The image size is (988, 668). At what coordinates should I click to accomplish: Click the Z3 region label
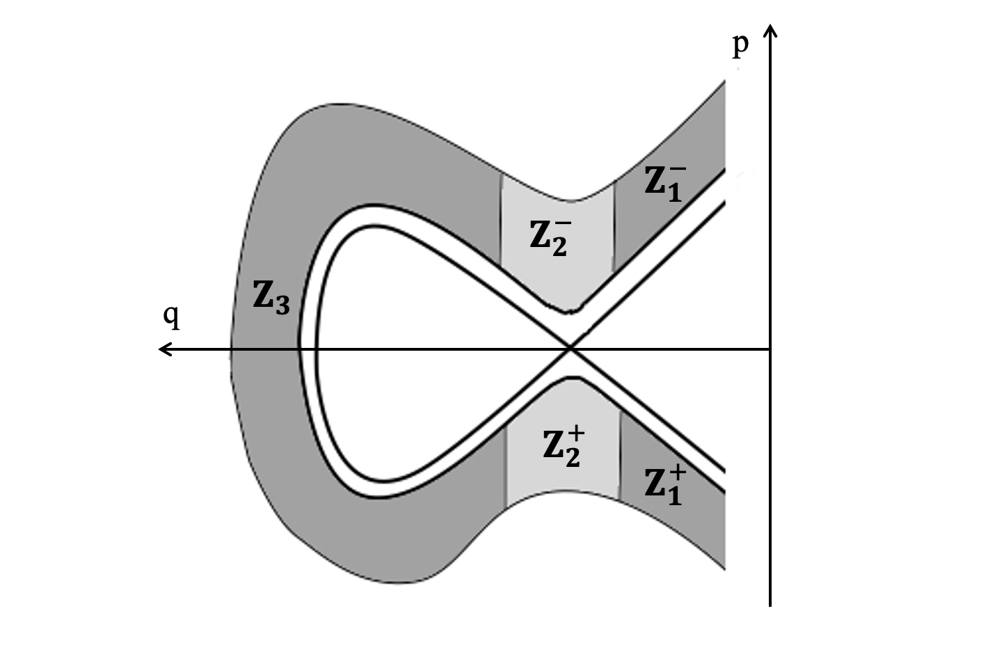271,297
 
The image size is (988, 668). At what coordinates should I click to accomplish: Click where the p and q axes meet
770,348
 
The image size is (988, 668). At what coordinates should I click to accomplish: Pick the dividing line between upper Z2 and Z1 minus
614,226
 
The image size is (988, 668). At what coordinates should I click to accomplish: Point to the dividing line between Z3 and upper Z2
501,216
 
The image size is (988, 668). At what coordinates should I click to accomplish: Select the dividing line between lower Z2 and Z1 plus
619,456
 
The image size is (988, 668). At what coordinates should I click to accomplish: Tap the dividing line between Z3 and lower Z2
506,463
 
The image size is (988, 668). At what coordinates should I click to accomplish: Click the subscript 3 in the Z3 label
282,305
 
